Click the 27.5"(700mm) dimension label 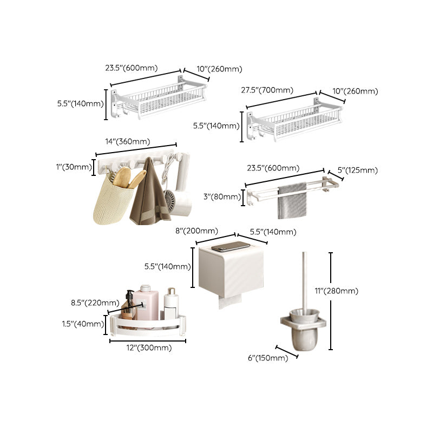270,90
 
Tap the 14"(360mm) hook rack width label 128,142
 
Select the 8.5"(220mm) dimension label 95,303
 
